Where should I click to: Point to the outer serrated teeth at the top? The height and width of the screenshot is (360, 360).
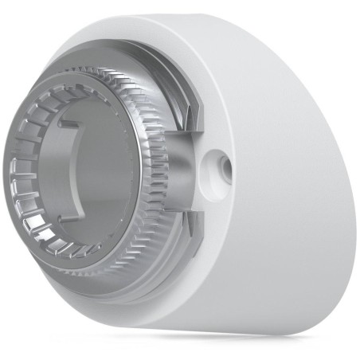click(112, 76)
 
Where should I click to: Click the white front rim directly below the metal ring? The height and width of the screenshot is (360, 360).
click(119, 299)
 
